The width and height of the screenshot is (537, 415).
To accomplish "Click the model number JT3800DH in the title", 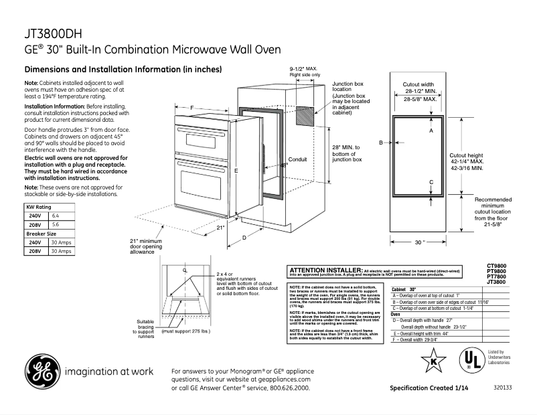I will pos(53,34).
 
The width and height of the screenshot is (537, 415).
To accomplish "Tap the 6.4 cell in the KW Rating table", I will pos(56,216).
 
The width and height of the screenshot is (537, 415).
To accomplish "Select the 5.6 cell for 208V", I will pos(56,225).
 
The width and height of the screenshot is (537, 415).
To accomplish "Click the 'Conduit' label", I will pos(297,159).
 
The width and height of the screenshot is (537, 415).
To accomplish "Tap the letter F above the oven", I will pos(191,108).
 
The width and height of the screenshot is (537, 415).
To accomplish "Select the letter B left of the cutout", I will pos(380,143).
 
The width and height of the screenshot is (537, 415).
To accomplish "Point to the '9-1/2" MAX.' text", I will pos(303,69).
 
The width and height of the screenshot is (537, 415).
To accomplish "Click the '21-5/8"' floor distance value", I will pos(493,224).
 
